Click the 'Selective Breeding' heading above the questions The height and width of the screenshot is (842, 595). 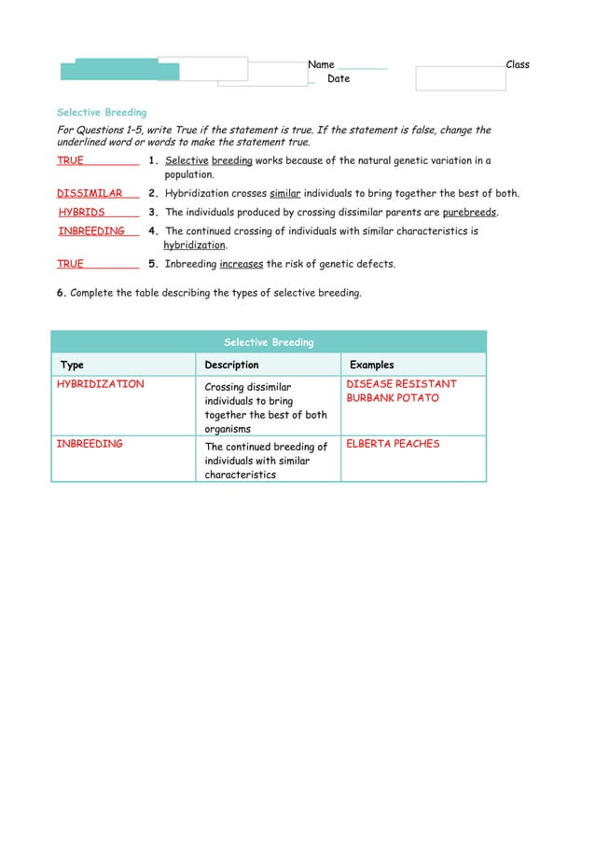(x=102, y=113)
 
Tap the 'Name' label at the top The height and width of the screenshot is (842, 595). (x=321, y=64)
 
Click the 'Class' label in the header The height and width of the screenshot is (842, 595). (x=518, y=64)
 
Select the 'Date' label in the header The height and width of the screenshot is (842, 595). (x=339, y=79)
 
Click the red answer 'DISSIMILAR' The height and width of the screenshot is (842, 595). (x=90, y=194)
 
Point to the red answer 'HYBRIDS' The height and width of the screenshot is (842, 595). (x=82, y=213)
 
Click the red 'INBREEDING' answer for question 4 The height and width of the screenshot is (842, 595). (x=91, y=231)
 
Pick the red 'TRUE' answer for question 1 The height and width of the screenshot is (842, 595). (x=70, y=160)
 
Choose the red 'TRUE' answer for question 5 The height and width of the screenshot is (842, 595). (x=70, y=264)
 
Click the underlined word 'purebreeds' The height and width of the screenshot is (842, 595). (x=469, y=213)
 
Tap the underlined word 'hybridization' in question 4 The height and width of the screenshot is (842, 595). (x=195, y=245)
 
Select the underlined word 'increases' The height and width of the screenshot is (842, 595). (x=242, y=264)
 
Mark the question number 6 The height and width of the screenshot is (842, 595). (x=61, y=293)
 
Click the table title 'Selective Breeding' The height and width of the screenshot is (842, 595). (x=269, y=342)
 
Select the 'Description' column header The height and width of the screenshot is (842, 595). (x=231, y=365)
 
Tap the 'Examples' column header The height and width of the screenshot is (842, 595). (x=371, y=365)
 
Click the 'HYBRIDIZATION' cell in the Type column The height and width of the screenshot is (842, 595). (x=101, y=384)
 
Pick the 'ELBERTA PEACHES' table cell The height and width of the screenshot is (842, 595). (x=393, y=444)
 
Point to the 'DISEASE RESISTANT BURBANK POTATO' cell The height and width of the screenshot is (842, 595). (x=401, y=391)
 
